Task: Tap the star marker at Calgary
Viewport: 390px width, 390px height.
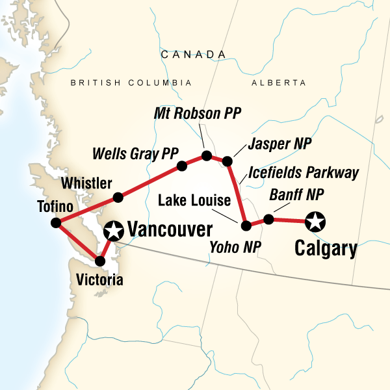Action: [315, 222]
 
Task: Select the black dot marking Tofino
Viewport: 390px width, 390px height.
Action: [57, 224]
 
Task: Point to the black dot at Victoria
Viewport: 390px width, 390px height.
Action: [100, 261]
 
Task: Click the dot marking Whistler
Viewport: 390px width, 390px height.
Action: [118, 197]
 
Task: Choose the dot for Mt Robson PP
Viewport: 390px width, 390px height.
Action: [207, 155]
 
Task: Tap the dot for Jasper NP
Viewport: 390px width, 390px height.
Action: [227, 161]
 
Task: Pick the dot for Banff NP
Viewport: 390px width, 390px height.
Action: [268, 219]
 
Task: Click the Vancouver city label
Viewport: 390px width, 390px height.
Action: [170, 229]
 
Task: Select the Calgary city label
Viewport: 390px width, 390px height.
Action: [326, 249]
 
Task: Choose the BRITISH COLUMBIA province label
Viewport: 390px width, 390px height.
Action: [131, 83]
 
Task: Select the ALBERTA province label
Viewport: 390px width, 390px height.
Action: [278, 83]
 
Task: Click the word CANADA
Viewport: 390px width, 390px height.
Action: [188, 55]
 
